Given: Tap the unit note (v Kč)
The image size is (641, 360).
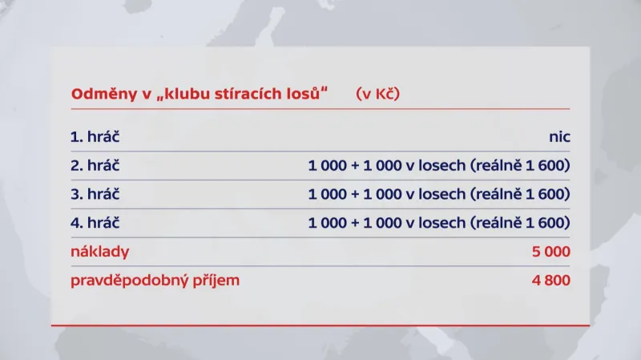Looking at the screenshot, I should tap(378, 93).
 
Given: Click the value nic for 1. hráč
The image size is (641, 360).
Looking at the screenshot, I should tap(558, 137).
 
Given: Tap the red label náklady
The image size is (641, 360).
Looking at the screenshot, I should tap(100, 252).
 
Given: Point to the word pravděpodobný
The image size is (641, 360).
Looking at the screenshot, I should tap(126, 281).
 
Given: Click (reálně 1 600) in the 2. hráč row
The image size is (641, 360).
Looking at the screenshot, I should tap(521, 166).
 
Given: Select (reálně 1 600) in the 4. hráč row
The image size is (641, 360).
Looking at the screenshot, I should tap(521, 223).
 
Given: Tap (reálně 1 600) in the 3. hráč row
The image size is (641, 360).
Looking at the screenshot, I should tap(521, 194).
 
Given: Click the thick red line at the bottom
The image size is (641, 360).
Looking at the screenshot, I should tap(320, 326).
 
